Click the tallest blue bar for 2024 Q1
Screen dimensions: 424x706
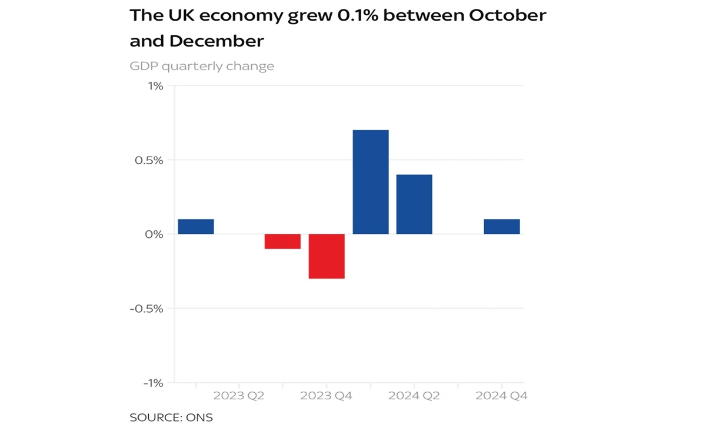371,182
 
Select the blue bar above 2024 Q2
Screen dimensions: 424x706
414,204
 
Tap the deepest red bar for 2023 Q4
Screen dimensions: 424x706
327,256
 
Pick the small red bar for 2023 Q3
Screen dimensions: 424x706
282,241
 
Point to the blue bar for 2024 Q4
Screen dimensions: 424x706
502,227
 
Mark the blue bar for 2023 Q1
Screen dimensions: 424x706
196,227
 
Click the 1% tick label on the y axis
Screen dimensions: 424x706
155,86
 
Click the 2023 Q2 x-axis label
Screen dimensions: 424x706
239,396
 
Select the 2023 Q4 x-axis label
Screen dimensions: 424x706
327,396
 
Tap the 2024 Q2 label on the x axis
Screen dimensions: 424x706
414,396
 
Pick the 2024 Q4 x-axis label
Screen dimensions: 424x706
502,396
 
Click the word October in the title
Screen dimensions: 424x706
507,15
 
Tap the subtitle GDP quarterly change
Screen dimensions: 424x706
202,66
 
